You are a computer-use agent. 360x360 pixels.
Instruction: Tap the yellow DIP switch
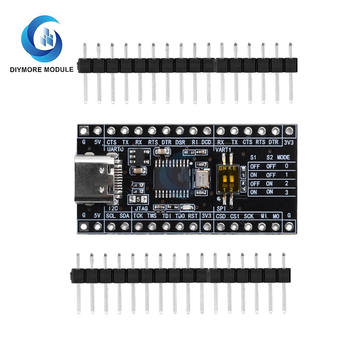point(228,178)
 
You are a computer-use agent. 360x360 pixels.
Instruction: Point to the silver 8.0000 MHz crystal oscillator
point(202,177)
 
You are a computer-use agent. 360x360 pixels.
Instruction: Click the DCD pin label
point(206,142)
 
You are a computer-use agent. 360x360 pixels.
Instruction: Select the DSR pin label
point(180,142)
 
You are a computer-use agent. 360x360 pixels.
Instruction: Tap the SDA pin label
point(125,216)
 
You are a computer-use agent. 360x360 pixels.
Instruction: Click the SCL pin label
point(111,216)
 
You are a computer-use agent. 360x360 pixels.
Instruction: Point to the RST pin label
point(193,216)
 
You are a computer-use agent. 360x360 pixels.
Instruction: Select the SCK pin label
point(249,216)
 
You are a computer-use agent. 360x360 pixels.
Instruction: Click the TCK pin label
point(138,216)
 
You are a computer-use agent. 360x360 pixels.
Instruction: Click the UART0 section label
point(115,149)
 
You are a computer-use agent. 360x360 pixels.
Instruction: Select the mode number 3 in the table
point(286,192)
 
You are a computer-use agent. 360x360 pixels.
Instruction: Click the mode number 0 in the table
point(286,166)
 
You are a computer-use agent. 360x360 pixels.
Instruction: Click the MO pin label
point(276,216)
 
